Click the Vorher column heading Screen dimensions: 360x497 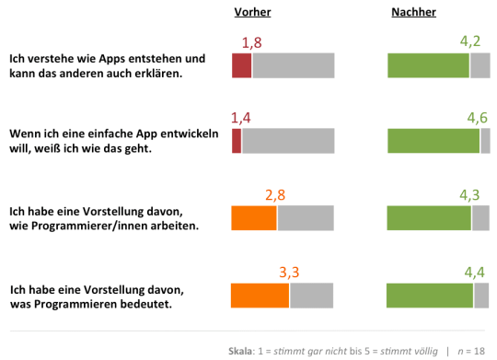click(x=252, y=12)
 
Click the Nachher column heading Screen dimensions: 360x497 click(x=413, y=12)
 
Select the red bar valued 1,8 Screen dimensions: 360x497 click(x=241, y=65)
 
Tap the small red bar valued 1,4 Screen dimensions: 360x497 click(x=237, y=141)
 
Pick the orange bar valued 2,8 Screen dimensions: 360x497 click(x=254, y=217)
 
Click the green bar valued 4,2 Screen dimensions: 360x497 click(x=428, y=65)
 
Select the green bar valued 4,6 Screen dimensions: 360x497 click(x=433, y=141)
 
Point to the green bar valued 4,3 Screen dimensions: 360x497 click(x=429, y=217)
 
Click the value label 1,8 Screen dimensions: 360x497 click(x=252, y=42)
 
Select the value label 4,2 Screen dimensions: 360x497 click(x=469, y=41)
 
